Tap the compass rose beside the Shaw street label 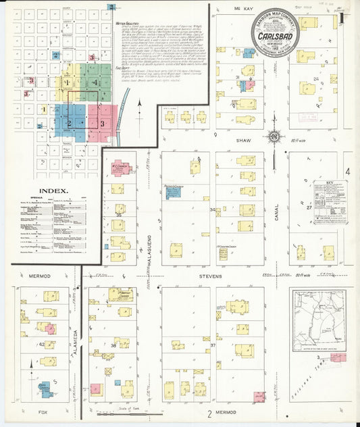coord(274,137)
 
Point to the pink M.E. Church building coord(116,169)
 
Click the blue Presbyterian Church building coord(180,193)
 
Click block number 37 coord(213,345)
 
